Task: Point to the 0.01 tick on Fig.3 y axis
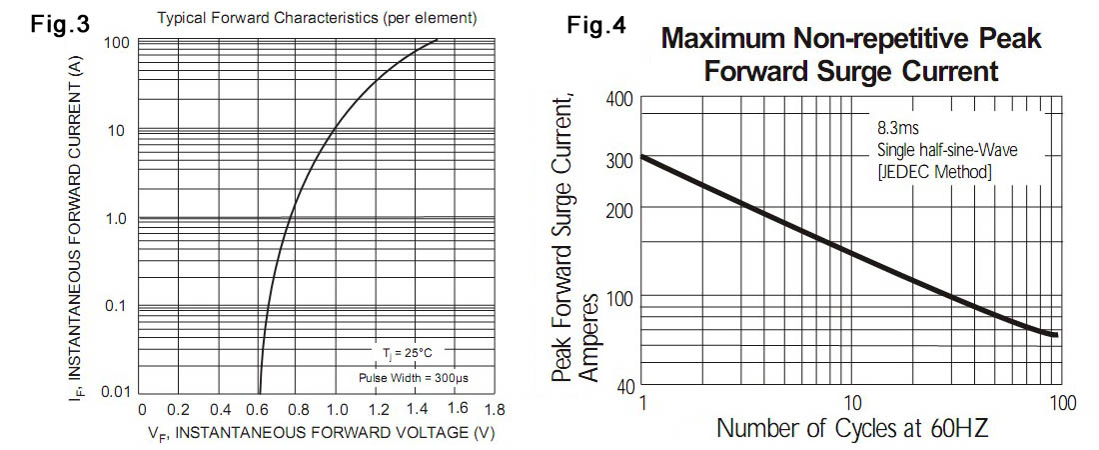[x=118, y=390]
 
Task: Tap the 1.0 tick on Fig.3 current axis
[x=119, y=218]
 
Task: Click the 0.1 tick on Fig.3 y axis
[x=119, y=305]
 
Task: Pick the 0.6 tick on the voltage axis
[x=259, y=410]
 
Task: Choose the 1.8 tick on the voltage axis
[x=493, y=410]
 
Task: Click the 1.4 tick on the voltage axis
[x=415, y=410]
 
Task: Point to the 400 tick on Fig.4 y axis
[x=619, y=100]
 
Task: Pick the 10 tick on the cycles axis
[x=852, y=403]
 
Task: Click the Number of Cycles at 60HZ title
[x=852, y=431]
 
